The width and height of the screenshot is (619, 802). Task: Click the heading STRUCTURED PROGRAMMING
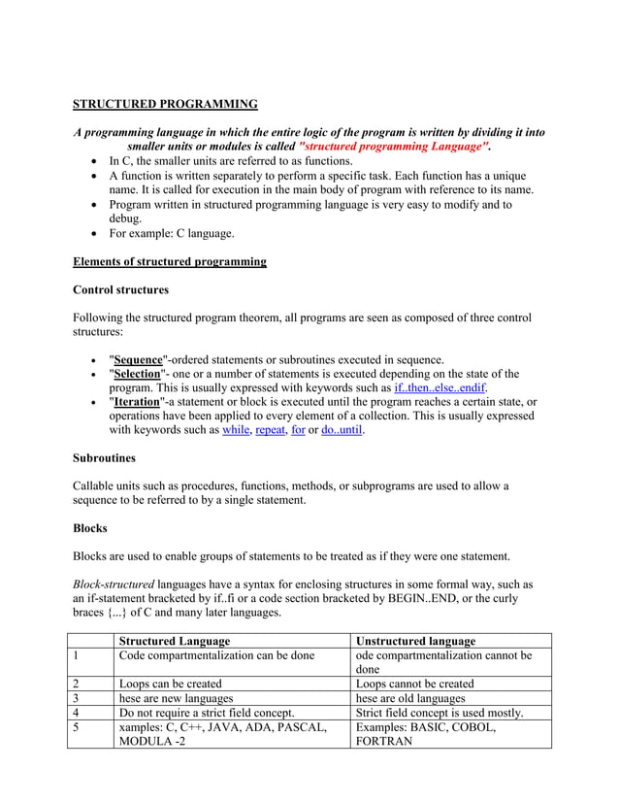point(166,104)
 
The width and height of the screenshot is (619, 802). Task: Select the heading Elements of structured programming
point(170,261)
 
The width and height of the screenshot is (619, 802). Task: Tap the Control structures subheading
point(120,289)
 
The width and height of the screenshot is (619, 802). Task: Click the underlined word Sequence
point(138,360)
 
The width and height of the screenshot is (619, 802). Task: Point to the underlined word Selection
point(137,375)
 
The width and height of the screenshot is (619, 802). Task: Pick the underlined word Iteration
point(137,403)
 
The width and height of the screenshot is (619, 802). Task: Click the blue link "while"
point(236,430)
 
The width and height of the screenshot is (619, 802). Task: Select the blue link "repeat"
point(270,430)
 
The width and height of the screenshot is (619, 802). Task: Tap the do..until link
point(342,430)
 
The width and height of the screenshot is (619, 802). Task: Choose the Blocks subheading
point(90,528)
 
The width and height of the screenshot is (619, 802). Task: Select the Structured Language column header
point(174,641)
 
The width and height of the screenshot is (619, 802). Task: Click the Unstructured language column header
point(416,641)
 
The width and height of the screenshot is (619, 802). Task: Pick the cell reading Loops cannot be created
point(415,684)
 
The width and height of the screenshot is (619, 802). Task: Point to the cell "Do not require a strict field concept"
point(207,713)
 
